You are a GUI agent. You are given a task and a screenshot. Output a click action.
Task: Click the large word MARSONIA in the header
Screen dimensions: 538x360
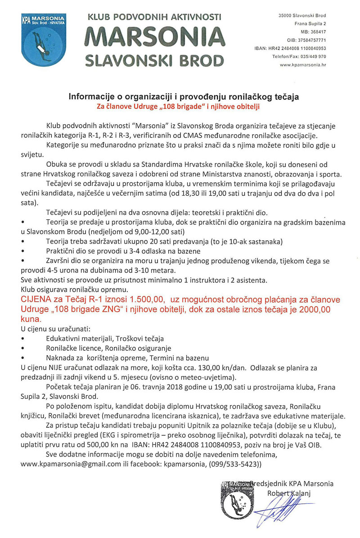pyautogui.click(x=154, y=37)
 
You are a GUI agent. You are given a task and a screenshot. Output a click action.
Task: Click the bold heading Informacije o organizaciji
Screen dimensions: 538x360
pyautogui.click(x=183, y=97)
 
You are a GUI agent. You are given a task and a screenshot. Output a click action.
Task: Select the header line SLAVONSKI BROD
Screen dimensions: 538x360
pyautogui.click(x=154, y=60)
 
